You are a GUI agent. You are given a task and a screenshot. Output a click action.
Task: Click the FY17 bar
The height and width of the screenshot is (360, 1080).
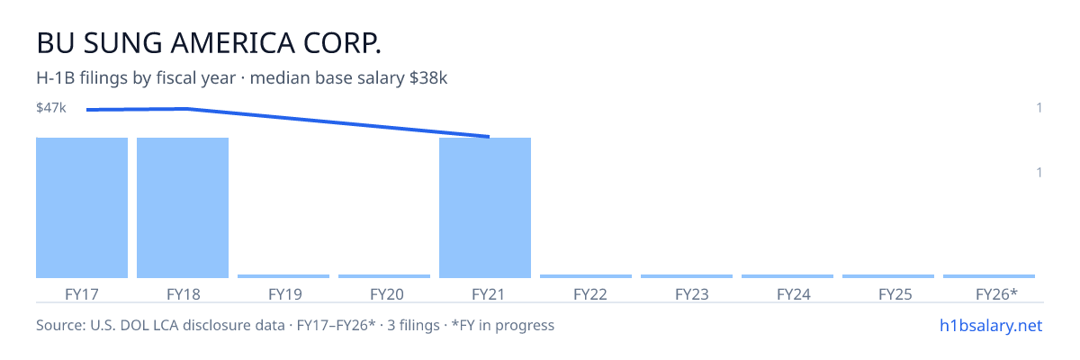coord(82,208)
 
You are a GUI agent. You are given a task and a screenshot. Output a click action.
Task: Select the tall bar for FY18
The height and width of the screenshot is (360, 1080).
coord(183,208)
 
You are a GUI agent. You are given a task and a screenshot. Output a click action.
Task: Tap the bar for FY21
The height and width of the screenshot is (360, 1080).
coord(485,208)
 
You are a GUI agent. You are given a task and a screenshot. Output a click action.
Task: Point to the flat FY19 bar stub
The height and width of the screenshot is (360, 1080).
coord(283,276)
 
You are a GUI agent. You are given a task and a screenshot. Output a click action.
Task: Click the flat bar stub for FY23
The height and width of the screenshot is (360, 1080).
coord(687,276)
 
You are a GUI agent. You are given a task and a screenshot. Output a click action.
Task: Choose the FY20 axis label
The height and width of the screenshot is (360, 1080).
coord(387,294)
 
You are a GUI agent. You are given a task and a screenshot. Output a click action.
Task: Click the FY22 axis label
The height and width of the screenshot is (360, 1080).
coord(590,294)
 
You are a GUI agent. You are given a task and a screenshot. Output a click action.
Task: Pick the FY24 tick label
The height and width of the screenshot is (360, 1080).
coord(794,294)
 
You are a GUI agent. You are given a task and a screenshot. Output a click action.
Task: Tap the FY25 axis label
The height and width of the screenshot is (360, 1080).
coord(895,294)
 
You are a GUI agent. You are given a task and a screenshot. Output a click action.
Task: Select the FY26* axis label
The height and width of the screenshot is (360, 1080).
coord(996,294)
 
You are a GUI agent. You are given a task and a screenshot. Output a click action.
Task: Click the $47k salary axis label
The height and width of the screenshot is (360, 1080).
coord(51,108)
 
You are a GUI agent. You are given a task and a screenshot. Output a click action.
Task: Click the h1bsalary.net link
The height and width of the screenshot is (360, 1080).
coord(991,326)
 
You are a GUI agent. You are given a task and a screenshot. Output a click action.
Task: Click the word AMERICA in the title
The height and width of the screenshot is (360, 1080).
coord(232,43)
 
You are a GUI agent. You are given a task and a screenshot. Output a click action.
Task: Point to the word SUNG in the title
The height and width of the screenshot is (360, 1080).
coord(123,43)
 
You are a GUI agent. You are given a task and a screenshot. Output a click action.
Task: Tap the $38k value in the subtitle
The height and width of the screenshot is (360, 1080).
coord(428,78)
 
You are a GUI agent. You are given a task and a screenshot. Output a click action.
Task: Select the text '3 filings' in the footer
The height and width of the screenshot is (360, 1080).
coord(413,326)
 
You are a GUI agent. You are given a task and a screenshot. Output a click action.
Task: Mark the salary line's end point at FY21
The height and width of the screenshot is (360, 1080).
coord(489,137)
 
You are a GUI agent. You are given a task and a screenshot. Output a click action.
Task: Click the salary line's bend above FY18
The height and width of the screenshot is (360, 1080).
coord(187,108)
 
